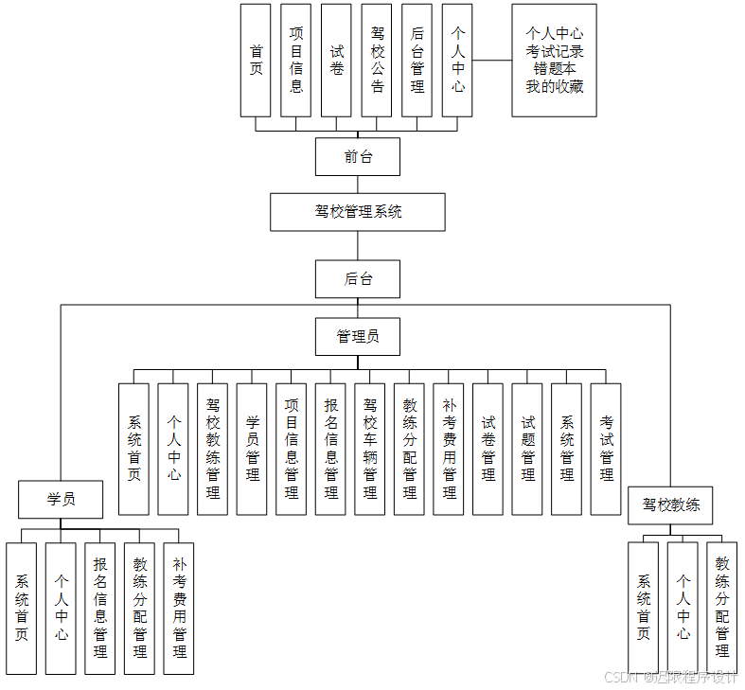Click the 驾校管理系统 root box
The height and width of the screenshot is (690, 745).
[x=357, y=212]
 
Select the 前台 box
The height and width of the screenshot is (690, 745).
[x=357, y=157]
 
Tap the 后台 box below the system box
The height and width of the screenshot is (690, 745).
[x=357, y=279]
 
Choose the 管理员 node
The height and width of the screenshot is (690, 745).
[x=357, y=336]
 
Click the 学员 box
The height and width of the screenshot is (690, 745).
[x=61, y=499]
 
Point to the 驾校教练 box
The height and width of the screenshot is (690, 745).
[x=670, y=505]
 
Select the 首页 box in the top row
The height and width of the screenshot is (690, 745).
[x=256, y=60]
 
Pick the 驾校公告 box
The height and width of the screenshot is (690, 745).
[x=377, y=60]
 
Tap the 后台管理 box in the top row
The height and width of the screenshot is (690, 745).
[x=417, y=60]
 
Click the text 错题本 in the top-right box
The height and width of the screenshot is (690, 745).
[x=554, y=69]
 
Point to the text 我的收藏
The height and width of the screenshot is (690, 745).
[x=554, y=86]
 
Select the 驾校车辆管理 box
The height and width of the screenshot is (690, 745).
[x=370, y=449]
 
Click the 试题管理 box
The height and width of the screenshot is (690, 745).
[x=527, y=449]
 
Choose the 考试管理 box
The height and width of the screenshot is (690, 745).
[x=606, y=449]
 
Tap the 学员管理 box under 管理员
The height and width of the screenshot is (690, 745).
[x=252, y=449]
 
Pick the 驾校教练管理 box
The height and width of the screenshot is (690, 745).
[x=212, y=449]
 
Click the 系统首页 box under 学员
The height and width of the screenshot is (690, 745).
[x=21, y=608]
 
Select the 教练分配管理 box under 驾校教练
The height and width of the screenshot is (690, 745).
[x=722, y=607]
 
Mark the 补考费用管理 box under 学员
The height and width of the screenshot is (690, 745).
[x=179, y=608]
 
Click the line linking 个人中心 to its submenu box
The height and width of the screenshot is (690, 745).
[x=491, y=60]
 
